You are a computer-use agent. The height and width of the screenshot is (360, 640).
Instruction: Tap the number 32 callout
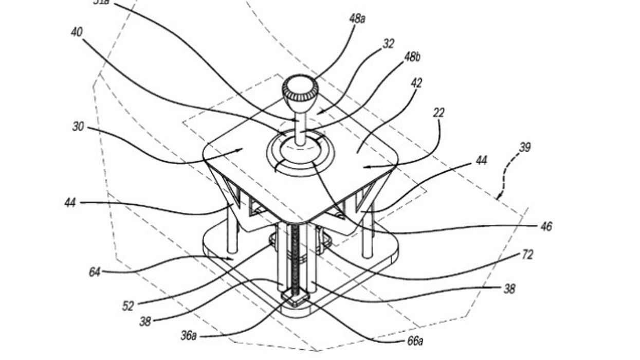pyautogui.click(x=388, y=44)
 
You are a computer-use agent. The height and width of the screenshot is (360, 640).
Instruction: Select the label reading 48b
pyautogui.click(x=412, y=57)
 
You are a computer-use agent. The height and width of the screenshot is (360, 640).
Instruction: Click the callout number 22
pyautogui.click(x=438, y=113)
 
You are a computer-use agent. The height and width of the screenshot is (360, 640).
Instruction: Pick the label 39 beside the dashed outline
pyautogui.click(x=524, y=148)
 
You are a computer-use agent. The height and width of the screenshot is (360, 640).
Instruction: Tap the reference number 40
pyautogui.click(x=77, y=32)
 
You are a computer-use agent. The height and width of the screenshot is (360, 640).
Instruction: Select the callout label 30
pyautogui.click(x=78, y=127)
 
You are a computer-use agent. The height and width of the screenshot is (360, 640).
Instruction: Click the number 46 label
pyautogui.click(x=546, y=226)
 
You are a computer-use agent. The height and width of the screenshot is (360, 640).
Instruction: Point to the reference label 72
pyautogui.click(x=527, y=255)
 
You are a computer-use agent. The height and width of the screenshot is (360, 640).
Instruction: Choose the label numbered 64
pyautogui.click(x=95, y=272)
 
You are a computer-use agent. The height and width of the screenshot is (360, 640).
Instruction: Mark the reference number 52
pyautogui.click(x=128, y=307)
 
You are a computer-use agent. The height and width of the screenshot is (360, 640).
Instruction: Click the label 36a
pyautogui.click(x=189, y=336)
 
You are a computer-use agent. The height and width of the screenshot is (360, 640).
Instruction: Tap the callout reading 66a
pyautogui.click(x=414, y=340)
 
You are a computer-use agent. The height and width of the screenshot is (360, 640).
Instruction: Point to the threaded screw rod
pyautogui.click(x=295, y=257)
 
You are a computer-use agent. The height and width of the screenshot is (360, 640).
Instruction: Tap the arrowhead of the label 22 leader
pyautogui.click(x=364, y=166)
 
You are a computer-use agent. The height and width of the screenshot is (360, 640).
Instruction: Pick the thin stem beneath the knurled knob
pyautogui.click(x=301, y=126)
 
